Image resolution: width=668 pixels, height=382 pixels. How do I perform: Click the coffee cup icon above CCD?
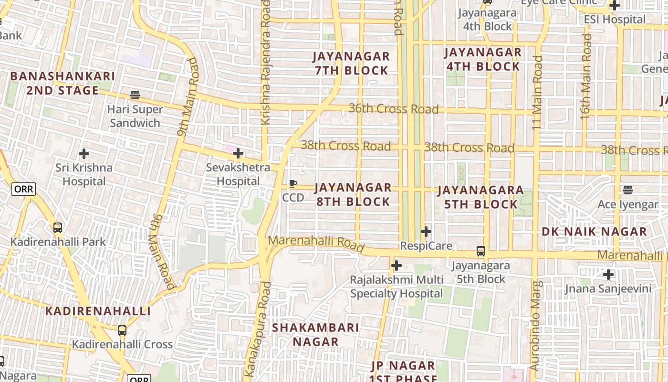(x=293, y=184)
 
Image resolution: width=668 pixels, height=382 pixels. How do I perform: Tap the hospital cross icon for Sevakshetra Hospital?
(x=238, y=153)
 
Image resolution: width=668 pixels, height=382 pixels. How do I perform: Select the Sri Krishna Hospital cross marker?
(x=84, y=154)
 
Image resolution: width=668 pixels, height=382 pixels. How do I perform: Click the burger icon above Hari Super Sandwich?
(x=135, y=95)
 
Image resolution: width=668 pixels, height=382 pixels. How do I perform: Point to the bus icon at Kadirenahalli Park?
(x=58, y=228)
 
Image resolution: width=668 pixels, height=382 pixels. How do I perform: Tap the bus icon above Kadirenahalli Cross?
(x=122, y=330)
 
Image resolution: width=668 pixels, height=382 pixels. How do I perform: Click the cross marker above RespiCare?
(x=426, y=232)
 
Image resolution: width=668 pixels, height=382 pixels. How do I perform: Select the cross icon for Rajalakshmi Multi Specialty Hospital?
(x=396, y=265)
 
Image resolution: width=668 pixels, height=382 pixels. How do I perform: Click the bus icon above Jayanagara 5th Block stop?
(x=481, y=251)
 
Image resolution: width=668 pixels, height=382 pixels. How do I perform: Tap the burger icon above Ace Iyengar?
(x=628, y=190)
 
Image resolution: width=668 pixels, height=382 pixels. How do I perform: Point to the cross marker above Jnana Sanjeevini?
(x=608, y=275)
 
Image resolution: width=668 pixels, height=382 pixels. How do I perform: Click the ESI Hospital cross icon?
(x=615, y=6)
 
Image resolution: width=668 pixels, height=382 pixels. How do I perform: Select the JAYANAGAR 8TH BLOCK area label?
(x=353, y=194)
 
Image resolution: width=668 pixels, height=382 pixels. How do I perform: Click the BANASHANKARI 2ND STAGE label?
(x=62, y=83)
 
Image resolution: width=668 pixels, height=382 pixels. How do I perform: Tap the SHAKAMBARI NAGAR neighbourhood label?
(x=315, y=334)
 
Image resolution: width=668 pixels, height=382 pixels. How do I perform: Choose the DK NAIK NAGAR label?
(x=594, y=232)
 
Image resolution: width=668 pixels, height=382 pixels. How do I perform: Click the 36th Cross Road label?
(x=393, y=109)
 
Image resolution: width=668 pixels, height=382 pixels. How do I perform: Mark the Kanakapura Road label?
(x=258, y=329)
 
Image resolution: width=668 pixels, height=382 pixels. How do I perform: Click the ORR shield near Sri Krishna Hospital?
(x=23, y=189)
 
